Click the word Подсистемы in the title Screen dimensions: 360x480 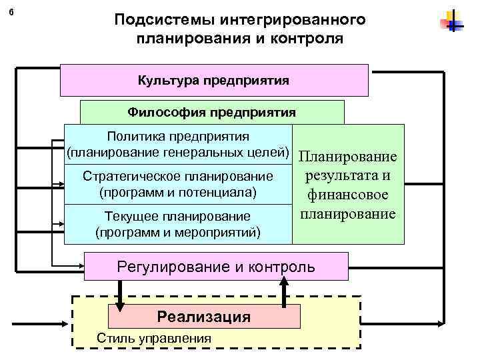[x=155, y=18]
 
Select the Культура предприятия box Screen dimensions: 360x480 [x=214, y=81]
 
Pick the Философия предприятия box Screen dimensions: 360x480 [x=212, y=112]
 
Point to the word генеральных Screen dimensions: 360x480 [x=209, y=152]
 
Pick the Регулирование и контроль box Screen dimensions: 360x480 [x=216, y=267]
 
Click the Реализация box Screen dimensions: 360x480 [x=204, y=317]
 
